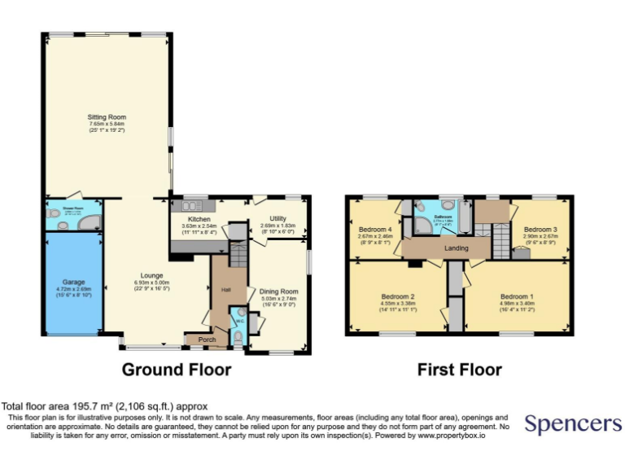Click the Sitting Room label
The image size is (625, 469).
(107, 117)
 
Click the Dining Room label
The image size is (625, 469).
(278, 291)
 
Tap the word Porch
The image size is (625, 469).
(207, 340)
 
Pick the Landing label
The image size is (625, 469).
(456, 248)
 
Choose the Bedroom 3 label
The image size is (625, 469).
(540, 230)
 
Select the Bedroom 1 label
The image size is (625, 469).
(517, 296)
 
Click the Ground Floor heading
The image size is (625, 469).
(177, 370)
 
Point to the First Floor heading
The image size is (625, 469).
(459, 370)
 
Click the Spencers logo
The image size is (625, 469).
(573, 424)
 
